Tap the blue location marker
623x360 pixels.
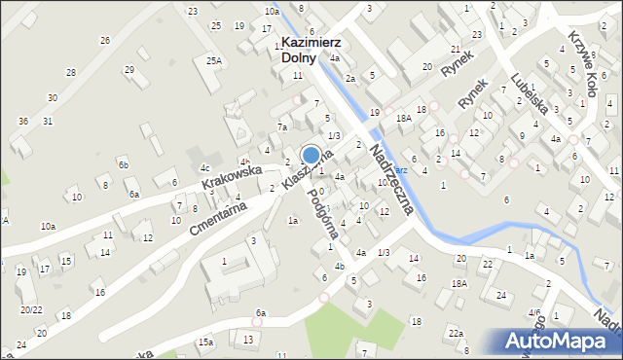click(x=311, y=155)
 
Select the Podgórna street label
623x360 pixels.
click(x=323, y=207)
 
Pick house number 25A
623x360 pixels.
click(x=213, y=60)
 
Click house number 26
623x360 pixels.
click(x=104, y=40)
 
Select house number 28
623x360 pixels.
click(x=70, y=73)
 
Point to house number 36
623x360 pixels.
click(x=22, y=121)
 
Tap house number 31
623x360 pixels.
click(x=47, y=121)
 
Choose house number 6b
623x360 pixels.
click(x=124, y=164)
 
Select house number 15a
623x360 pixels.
click(x=205, y=342)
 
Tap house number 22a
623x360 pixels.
click(x=456, y=334)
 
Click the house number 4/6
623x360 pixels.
click(x=534, y=312)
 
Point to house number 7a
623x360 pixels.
click(x=282, y=126)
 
